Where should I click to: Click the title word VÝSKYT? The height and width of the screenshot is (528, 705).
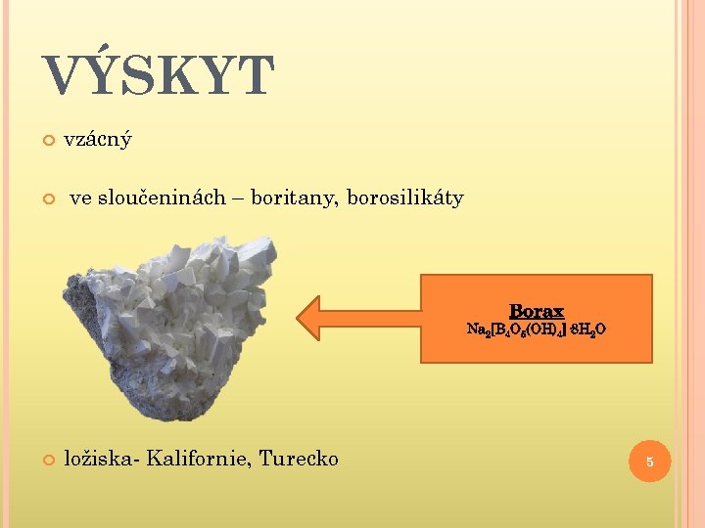click(159, 76)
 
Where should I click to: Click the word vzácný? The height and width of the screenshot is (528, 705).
click(98, 139)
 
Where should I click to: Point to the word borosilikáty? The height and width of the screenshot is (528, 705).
click(404, 198)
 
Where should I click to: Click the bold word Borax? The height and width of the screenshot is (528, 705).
click(537, 311)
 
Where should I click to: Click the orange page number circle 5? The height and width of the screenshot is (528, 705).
click(648, 461)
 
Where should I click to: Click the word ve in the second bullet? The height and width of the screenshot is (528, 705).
click(80, 198)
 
